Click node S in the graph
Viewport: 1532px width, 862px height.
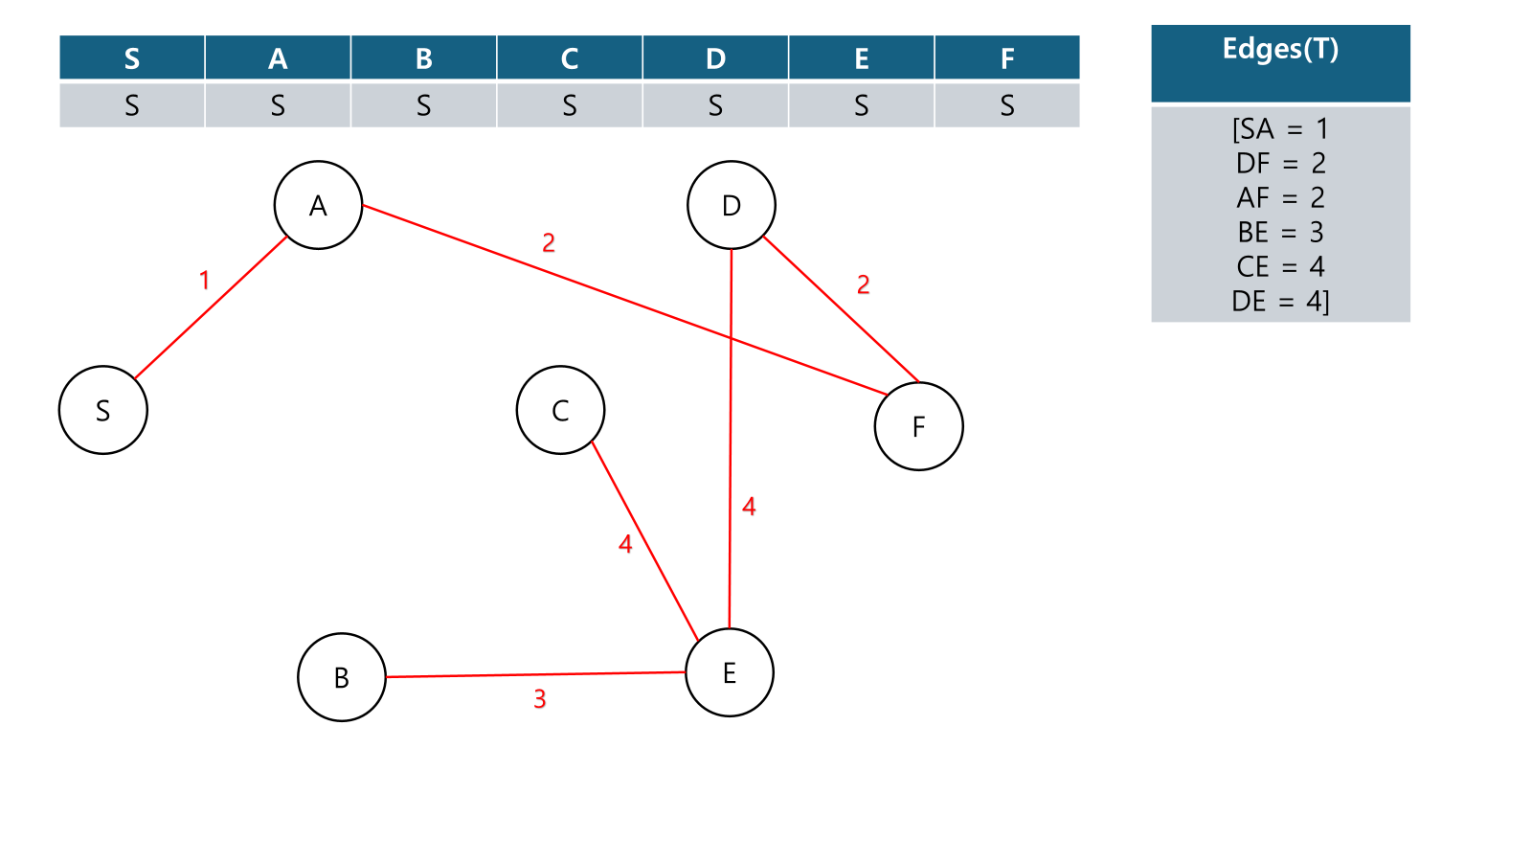[103, 410]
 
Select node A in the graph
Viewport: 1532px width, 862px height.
[318, 205]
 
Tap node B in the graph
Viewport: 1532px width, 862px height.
[342, 677]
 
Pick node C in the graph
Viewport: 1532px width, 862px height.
[560, 410]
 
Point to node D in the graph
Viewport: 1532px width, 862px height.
[732, 205]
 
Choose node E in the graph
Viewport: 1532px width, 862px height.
[730, 672]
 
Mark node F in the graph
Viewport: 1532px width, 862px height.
[919, 426]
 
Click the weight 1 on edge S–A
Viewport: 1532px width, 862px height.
[204, 280]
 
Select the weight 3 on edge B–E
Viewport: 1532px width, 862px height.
[540, 699]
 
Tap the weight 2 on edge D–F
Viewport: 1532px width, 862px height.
[864, 284]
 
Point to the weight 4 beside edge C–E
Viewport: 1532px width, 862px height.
[625, 544]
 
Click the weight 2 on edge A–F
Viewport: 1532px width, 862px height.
[549, 243]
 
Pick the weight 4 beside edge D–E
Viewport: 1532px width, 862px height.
[749, 507]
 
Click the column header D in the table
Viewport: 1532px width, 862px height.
[715, 58]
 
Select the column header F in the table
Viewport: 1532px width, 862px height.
[1007, 58]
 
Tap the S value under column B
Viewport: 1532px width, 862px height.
[423, 105]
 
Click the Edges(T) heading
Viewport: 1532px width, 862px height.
[1280, 50]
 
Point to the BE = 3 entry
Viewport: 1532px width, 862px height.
[1280, 233]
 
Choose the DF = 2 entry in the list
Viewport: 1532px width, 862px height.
[1280, 164]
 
